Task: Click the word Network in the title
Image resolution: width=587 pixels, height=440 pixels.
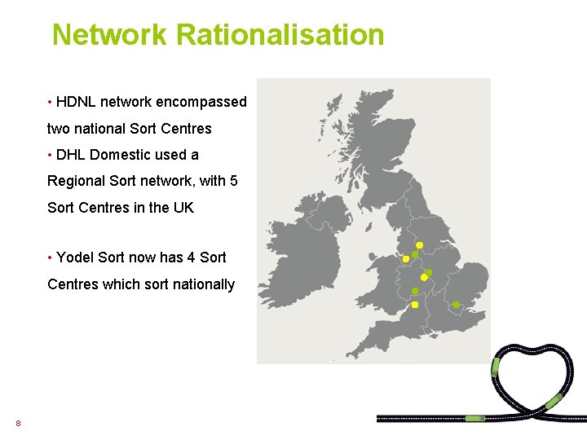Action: [x=109, y=35]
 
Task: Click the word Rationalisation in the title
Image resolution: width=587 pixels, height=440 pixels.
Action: [x=280, y=35]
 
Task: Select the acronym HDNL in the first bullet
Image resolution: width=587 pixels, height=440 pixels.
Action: [x=76, y=102]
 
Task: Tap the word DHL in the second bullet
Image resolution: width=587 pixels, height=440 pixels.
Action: [x=71, y=155]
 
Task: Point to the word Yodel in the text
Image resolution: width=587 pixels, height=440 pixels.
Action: [x=75, y=257]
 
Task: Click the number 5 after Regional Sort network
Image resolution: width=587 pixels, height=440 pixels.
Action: [x=233, y=181]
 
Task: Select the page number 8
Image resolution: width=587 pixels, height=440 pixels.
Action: [x=18, y=423]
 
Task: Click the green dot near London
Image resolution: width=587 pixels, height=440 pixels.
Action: [x=456, y=306]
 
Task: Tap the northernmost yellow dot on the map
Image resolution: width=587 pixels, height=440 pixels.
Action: [x=419, y=244]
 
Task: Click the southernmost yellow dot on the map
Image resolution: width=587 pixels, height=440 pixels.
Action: [x=414, y=305]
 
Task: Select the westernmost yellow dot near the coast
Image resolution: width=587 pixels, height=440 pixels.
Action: [x=405, y=259]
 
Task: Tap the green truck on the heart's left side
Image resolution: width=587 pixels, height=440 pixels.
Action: [x=495, y=366]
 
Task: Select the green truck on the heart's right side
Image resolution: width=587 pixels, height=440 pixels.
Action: [x=554, y=400]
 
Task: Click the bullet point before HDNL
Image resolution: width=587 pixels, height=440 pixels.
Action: [x=50, y=103]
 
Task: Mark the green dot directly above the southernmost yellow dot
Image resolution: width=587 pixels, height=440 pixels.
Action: [x=414, y=291]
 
